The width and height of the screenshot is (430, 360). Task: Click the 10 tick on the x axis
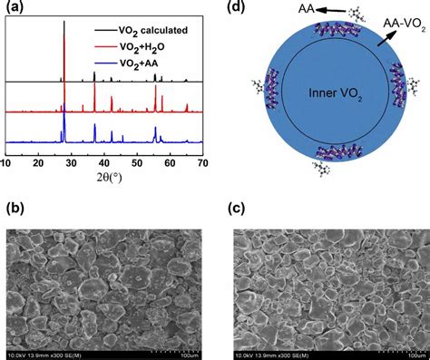pyautogui.click(x=6, y=162)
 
